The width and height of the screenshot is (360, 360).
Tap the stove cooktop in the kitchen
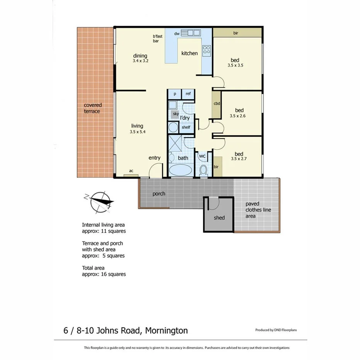206,50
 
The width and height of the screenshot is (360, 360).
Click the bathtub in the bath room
180,170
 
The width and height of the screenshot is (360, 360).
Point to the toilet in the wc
203,170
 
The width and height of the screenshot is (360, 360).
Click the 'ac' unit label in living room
131,171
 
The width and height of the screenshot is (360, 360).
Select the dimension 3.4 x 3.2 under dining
140,61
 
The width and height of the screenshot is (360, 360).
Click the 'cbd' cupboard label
217,104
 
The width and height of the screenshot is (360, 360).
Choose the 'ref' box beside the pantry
188,94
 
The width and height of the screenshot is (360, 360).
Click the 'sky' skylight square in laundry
176,114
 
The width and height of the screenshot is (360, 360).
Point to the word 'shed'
219,218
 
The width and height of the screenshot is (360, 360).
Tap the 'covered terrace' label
93,108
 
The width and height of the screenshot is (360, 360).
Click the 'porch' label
159,194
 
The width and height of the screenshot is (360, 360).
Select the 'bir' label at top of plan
236,33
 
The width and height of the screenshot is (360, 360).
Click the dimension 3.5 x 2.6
238,115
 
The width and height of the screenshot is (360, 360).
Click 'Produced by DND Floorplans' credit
276,330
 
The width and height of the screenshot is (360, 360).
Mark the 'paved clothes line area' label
258,210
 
